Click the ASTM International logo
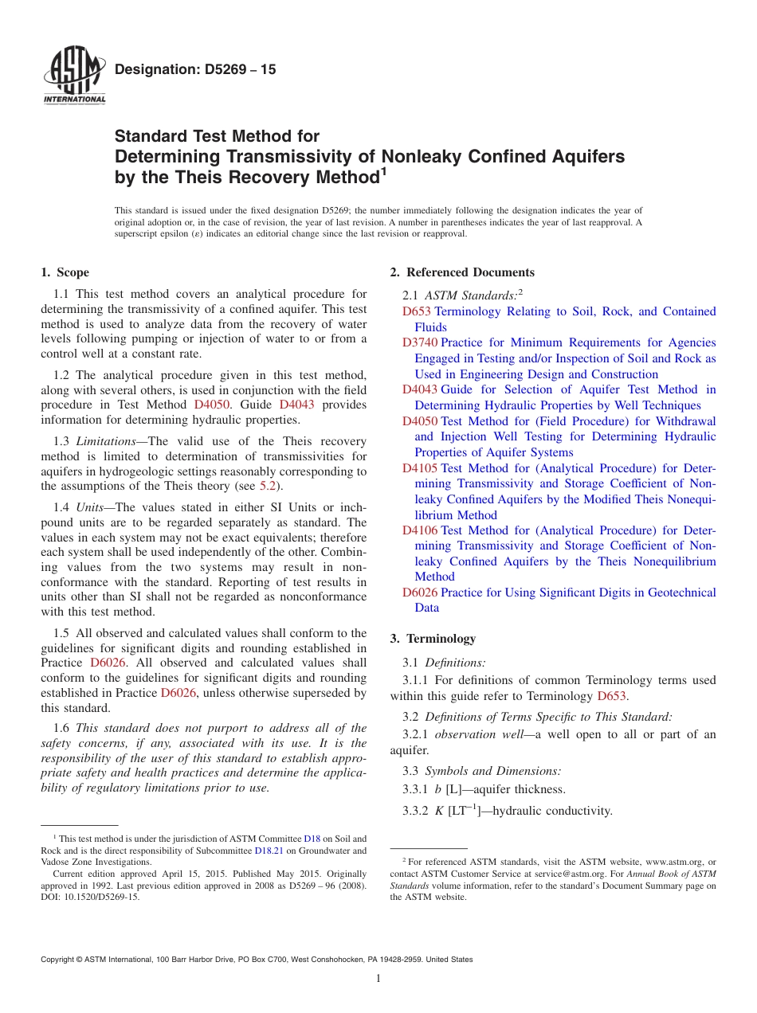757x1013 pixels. [x=74, y=76]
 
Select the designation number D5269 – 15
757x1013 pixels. [x=195, y=69]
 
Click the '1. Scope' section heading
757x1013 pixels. [x=65, y=272]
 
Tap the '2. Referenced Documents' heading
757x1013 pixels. [x=462, y=272]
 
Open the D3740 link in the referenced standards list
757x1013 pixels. [x=419, y=343]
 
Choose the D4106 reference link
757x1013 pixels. [x=419, y=530]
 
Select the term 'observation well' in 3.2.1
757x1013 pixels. [x=482, y=734]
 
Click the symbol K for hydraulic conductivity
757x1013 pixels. [x=439, y=812]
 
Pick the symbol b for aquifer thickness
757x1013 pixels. [x=438, y=789]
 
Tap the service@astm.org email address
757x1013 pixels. [x=567, y=874]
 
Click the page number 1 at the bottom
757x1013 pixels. [x=378, y=979]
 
